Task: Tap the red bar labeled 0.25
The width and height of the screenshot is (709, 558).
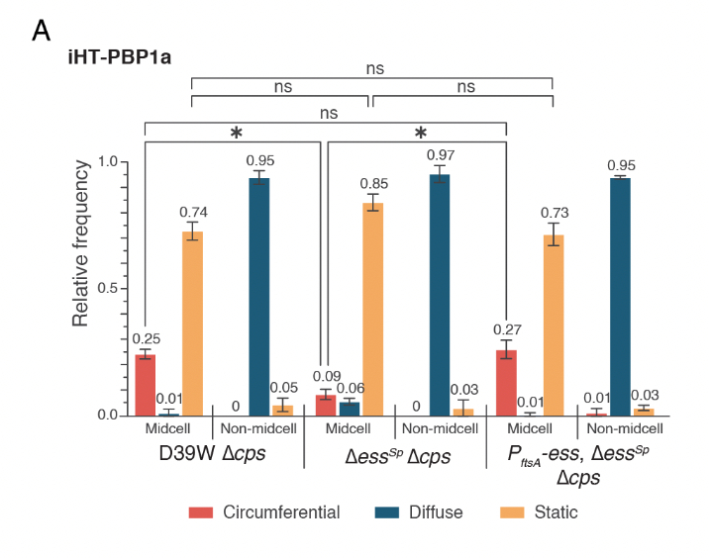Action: click(145, 385)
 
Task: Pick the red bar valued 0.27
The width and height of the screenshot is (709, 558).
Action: click(506, 383)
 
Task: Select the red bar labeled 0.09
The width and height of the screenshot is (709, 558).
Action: click(326, 405)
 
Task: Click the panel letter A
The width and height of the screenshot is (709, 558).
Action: click(41, 31)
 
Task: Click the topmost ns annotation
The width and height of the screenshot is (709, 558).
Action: click(374, 69)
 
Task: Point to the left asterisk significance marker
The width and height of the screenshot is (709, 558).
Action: click(237, 133)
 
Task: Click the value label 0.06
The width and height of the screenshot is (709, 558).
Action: click(350, 388)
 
